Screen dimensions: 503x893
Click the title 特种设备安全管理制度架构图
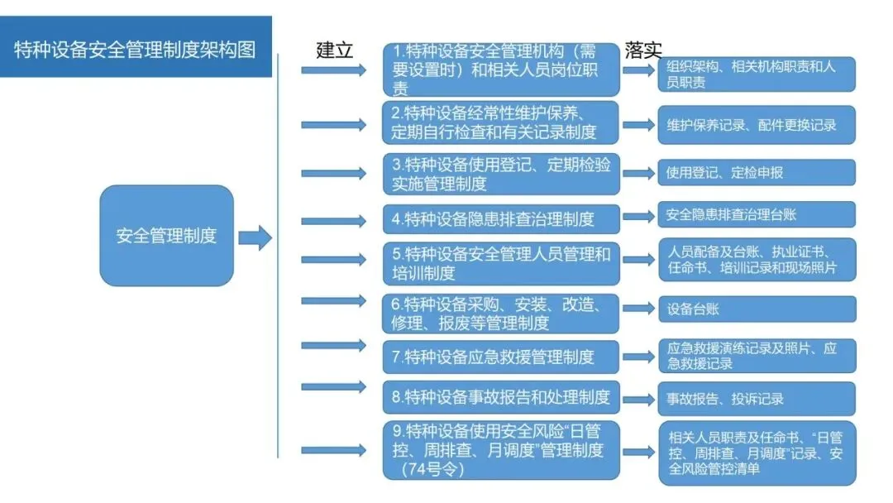[135, 50]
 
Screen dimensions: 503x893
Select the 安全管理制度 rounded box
[166, 236]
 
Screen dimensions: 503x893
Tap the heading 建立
[335, 50]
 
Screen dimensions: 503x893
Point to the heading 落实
[643, 50]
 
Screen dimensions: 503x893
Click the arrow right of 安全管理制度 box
[255, 238]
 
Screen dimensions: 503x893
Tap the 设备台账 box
[757, 309]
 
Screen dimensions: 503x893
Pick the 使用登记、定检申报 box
[757, 173]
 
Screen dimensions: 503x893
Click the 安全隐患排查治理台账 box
[757, 215]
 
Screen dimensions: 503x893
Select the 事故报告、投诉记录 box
[757, 399]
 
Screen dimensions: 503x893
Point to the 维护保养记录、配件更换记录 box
[757, 125]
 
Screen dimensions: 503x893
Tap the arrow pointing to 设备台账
[638, 308]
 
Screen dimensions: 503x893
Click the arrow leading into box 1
[333, 70]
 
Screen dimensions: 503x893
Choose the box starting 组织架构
[757, 74]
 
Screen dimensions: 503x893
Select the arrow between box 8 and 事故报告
[638, 399]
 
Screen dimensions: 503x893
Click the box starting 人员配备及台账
[757, 260]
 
